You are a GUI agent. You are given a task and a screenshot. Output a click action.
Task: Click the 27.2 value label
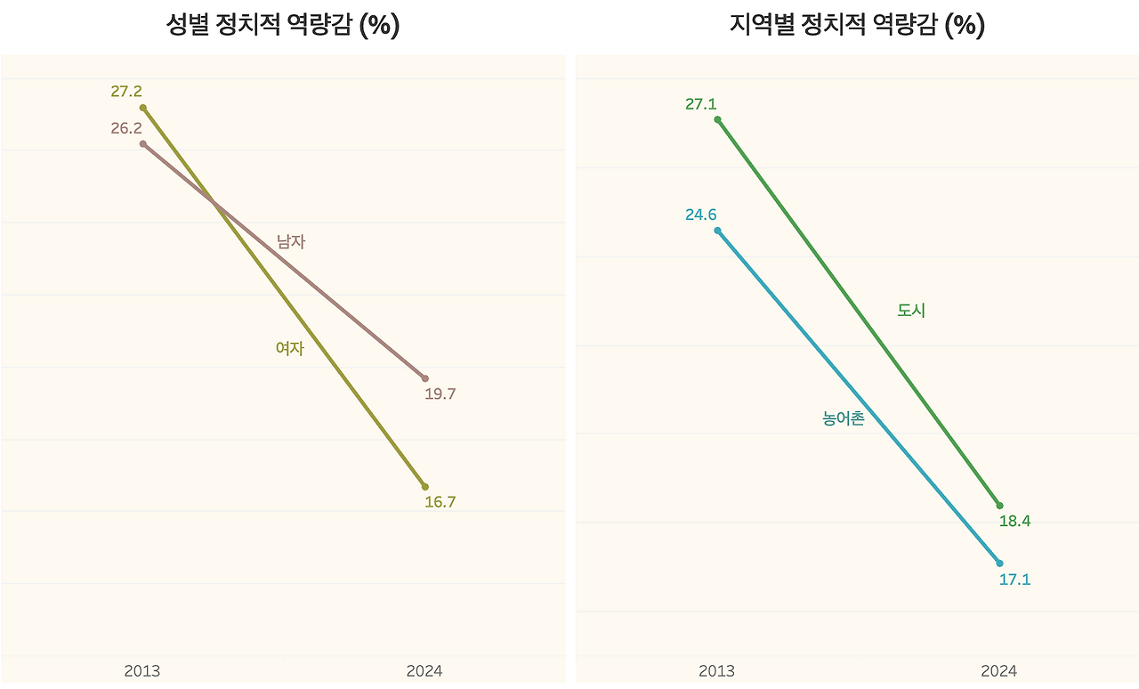(126, 91)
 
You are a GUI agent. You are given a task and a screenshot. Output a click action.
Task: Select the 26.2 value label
(126, 128)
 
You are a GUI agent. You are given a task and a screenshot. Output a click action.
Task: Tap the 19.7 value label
(440, 393)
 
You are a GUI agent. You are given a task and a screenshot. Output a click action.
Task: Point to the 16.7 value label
(440, 502)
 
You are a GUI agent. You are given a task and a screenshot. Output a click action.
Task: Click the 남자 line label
(291, 241)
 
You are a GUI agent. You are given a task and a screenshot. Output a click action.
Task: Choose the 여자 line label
(290, 349)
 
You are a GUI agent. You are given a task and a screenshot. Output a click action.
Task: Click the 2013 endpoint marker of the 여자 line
(143, 108)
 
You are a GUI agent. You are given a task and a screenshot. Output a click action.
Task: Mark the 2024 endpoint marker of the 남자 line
(424, 378)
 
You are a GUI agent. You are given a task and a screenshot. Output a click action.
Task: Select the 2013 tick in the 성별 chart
(142, 671)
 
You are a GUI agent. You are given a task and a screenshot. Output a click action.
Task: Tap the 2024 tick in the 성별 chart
(424, 671)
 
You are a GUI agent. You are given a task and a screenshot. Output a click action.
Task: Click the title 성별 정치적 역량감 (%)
(283, 25)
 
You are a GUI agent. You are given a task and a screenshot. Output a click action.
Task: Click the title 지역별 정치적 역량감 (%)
(857, 25)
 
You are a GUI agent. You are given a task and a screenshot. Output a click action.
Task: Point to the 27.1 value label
(701, 104)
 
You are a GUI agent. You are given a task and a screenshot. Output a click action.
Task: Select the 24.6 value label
(701, 215)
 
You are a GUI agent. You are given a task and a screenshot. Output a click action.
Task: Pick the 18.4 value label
(1014, 522)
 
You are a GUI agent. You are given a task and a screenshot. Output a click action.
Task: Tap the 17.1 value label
(1014, 580)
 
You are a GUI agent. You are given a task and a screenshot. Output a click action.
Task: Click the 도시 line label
(911, 311)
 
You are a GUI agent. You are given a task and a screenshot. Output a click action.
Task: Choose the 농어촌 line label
(844, 418)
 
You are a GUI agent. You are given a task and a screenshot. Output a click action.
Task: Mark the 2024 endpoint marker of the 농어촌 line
(999, 563)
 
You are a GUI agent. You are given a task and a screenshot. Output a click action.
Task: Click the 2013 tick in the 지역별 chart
(717, 671)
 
